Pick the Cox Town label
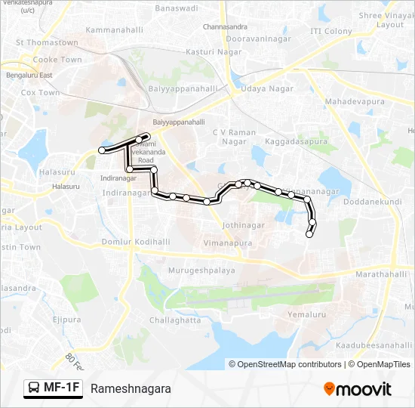tap(40, 93)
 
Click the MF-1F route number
tap(62, 388)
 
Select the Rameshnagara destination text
tap(131, 389)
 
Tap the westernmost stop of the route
tap(102, 151)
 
